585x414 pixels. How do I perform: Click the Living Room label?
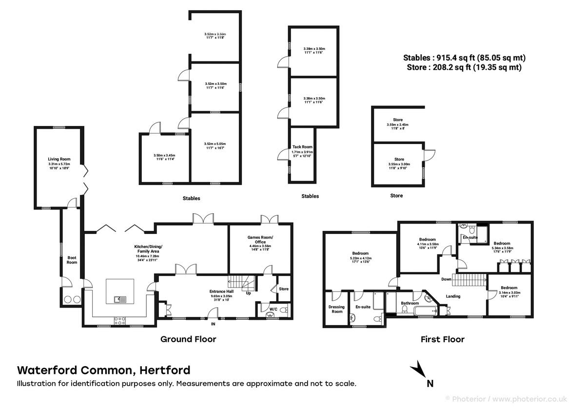click(x=59, y=159)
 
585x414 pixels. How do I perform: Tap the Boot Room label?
click(x=72, y=260)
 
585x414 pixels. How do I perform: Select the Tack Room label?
click(x=302, y=147)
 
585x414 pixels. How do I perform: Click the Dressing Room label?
click(x=336, y=309)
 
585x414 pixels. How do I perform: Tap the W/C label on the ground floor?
click(x=267, y=308)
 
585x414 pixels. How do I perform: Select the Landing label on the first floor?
click(x=453, y=296)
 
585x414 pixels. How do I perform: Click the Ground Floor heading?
click(x=188, y=339)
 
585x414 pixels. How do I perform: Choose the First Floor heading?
click(x=442, y=339)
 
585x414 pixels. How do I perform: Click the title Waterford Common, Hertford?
click(x=104, y=370)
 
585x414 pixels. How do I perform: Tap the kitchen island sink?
click(x=120, y=299)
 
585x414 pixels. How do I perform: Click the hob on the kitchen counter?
click(x=120, y=320)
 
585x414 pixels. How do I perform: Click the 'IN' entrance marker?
click(x=213, y=324)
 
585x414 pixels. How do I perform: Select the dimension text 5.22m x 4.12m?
click(x=361, y=258)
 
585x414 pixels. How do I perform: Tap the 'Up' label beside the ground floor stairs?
click(x=249, y=293)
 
